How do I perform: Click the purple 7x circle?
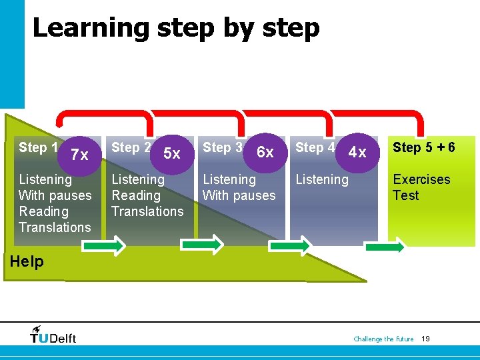tap(80, 155)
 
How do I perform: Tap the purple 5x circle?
tap(172, 153)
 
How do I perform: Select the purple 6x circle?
tap(265, 152)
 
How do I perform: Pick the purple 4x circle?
tap(358, 152)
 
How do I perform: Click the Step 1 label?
tap(37, 147)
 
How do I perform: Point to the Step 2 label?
tap(131, 147)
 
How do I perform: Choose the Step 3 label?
tap(222, 147)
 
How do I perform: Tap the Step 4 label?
tap(315, 147)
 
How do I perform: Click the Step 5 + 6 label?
tap(424, 147)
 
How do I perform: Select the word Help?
tap(27, 261)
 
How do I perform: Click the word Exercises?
tap(421, 179)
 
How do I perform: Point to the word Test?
tap(405, 195)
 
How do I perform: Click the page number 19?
tap(425, 339)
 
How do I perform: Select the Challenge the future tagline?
tap(383, 339)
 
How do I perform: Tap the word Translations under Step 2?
tap(147, 211)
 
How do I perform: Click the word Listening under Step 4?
tap(322, 179)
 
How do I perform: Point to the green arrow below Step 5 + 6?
tap(385, 247)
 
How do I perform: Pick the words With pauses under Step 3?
tap(239, 195)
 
